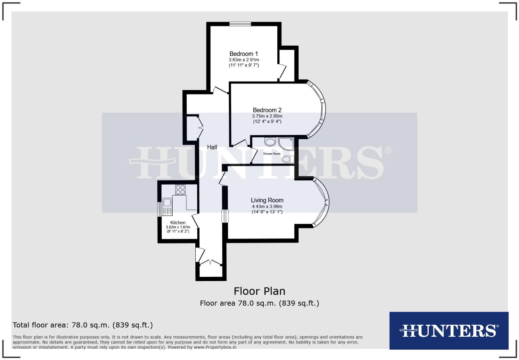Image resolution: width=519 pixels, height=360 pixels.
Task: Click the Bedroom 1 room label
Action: click(x=244, y=54)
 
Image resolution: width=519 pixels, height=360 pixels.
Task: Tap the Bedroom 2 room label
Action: click(x=267, y=110)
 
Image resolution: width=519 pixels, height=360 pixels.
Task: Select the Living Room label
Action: click(x=267, y=200)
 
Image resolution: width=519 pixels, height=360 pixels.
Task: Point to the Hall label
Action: click(x=212, y=147)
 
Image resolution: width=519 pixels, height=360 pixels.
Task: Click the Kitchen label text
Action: click(x=178, y=223)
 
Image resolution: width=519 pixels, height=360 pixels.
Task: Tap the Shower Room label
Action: click(x=272, y=154)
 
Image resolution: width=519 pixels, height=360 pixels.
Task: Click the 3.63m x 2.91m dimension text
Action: click(x=244, y=59)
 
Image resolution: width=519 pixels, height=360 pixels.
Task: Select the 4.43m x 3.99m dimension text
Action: click(x=267, y=206)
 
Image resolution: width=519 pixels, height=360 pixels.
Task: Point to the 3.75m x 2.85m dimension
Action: click(x=267, y=116)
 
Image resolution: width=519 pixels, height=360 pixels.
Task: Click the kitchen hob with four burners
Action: click(x=180, y=190)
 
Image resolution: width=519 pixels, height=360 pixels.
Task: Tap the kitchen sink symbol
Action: click(x=167, y=202)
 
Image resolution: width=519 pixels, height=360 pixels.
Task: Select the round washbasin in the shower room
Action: click(x=270, y=142)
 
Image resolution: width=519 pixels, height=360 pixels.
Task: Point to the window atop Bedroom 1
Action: click(x=240, y=24)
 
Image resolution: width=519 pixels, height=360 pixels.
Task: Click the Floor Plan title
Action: click(x=259, y=291)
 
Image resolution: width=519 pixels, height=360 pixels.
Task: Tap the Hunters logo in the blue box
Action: click(x=449, y=330)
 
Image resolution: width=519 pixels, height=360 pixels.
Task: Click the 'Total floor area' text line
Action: click(x=83, y=325)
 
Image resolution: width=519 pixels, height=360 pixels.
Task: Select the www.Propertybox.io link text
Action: click(x=215, y=347)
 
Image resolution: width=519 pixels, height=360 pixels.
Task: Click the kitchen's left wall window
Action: click(x=159, y=209)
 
